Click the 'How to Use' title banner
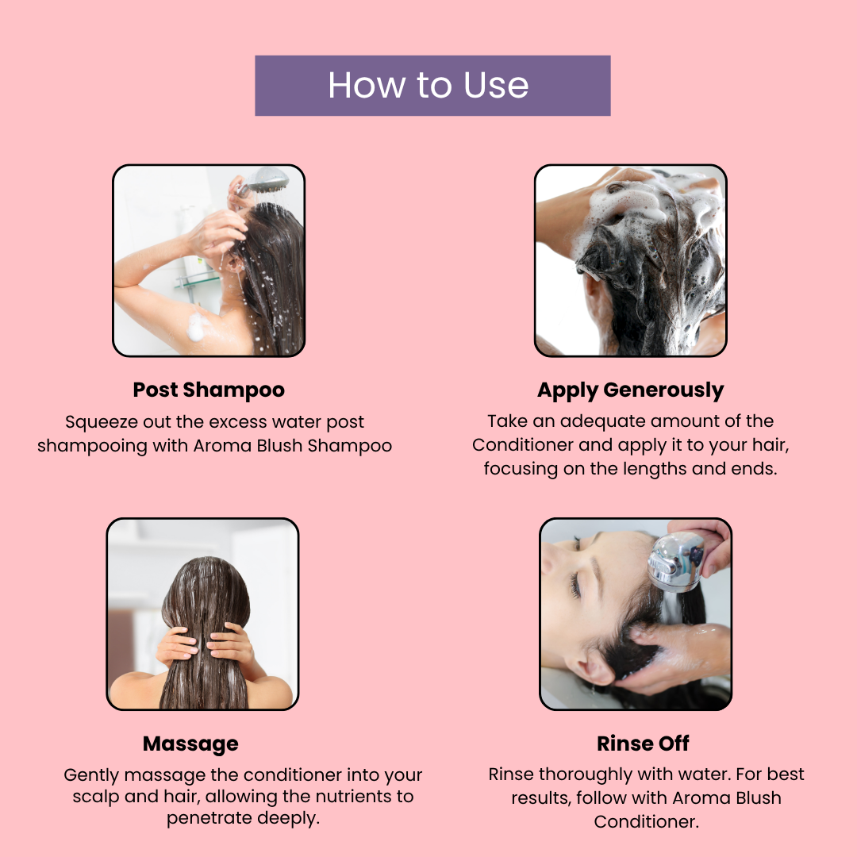point(432,85)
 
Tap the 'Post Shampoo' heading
point(209,390)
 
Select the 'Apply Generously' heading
point(630,390)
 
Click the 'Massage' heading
point(190,744)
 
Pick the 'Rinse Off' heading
point(643,744)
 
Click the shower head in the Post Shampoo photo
point(264,180)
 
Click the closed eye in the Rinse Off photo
point(575,585)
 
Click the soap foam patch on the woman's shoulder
point(196,326)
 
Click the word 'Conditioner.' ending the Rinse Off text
point(647,821)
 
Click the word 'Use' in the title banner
point(496,86)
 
